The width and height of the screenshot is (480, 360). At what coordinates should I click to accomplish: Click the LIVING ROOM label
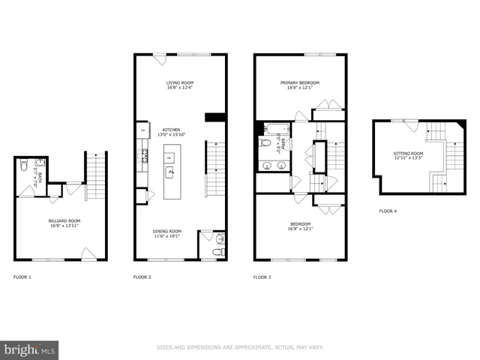coord(180,85)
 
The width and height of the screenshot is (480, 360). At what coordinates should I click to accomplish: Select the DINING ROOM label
coord(169,233)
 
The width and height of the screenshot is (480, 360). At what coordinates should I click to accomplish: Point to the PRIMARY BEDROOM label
coord(300,85)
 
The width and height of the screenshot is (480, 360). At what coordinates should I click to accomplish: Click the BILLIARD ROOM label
coord(64,223)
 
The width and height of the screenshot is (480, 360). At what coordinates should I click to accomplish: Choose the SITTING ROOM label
coord(408,155)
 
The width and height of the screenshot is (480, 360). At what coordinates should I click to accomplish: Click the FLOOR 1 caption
coord(22,277)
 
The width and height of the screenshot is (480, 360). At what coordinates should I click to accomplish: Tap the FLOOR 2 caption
coord(142,277)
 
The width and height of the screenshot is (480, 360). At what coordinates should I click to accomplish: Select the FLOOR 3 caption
coord(262,277)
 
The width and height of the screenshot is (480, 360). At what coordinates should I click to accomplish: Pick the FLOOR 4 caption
coord(388,211)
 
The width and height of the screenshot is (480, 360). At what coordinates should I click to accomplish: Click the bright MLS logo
coord(30,349)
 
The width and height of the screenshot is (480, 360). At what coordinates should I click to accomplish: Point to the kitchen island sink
coord(169,172)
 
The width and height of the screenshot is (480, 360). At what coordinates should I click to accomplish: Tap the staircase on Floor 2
coord(215,169)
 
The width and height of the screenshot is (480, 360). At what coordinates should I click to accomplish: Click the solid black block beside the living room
coord(215,117)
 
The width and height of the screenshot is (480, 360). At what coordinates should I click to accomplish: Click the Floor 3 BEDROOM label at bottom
coord(300,226)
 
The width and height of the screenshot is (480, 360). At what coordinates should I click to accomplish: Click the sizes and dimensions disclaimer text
coord(240,347)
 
